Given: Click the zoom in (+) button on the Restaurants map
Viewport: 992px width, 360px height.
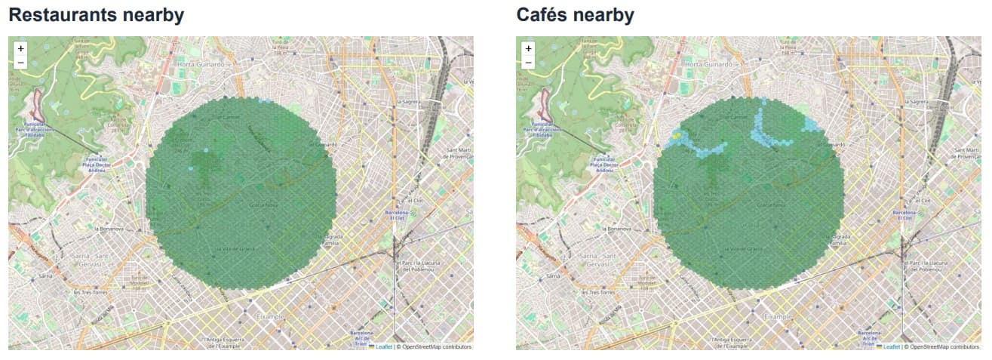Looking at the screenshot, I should (20, 48).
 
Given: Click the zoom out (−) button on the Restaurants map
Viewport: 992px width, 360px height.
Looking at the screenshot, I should (20, 62).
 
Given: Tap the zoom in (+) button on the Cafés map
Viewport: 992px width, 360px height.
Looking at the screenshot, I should (528, 48).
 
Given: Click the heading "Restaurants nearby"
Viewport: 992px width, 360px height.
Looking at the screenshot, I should (96, 14).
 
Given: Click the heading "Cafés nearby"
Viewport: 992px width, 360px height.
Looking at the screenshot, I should (575, 14).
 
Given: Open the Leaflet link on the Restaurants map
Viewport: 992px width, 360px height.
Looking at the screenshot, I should (384, 347).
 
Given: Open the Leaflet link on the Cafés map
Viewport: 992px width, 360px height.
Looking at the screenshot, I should (892, 347).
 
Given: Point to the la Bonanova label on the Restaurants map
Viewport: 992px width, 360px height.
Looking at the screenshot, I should (109, 227).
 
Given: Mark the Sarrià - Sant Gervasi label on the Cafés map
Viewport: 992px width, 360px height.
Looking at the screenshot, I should (594, 260).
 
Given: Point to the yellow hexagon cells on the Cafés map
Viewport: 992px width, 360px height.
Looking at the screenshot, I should (677, 136).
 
